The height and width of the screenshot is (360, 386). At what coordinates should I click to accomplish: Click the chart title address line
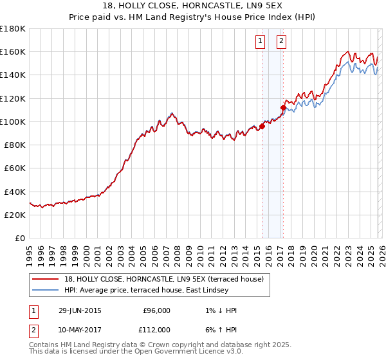click(x=192, y=5)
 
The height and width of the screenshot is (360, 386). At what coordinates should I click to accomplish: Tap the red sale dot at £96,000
click(x=262, y=127)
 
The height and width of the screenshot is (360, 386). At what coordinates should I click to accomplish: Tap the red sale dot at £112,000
click(x=283, y=107)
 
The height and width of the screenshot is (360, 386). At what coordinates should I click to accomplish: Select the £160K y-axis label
click(x=13, y=51)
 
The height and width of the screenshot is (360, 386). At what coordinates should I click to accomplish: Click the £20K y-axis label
click(x=15, y=215)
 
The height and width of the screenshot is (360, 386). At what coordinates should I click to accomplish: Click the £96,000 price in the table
click(x=156, y=310)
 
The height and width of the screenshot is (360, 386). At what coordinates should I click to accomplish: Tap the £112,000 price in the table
click(x=154, y=329)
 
